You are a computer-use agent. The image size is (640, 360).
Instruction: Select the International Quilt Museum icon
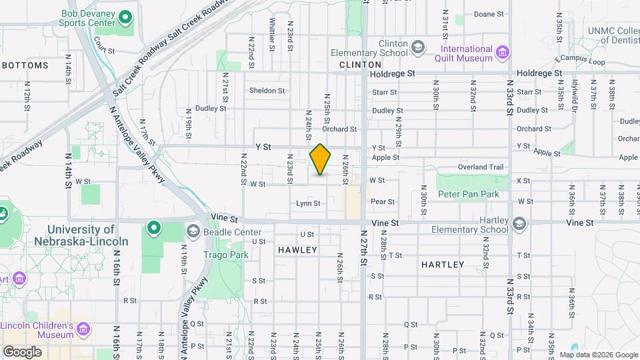[503, 51]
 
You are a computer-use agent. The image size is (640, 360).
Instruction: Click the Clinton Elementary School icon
[417, 47]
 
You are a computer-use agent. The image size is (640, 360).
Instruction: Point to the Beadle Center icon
[193, 231]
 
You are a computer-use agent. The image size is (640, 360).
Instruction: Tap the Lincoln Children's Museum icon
[83, 329]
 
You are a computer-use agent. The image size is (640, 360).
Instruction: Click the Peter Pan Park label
[468, 194]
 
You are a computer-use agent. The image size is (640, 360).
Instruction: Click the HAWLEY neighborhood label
[298, 250]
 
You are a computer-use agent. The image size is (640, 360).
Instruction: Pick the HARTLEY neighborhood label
[443, 265]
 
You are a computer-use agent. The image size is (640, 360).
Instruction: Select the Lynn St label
[309, 203]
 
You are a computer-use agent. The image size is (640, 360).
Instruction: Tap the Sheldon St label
[267, 91]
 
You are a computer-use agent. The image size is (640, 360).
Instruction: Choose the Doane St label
[489, 14]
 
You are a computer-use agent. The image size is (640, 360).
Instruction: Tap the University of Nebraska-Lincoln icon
[154, 229]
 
